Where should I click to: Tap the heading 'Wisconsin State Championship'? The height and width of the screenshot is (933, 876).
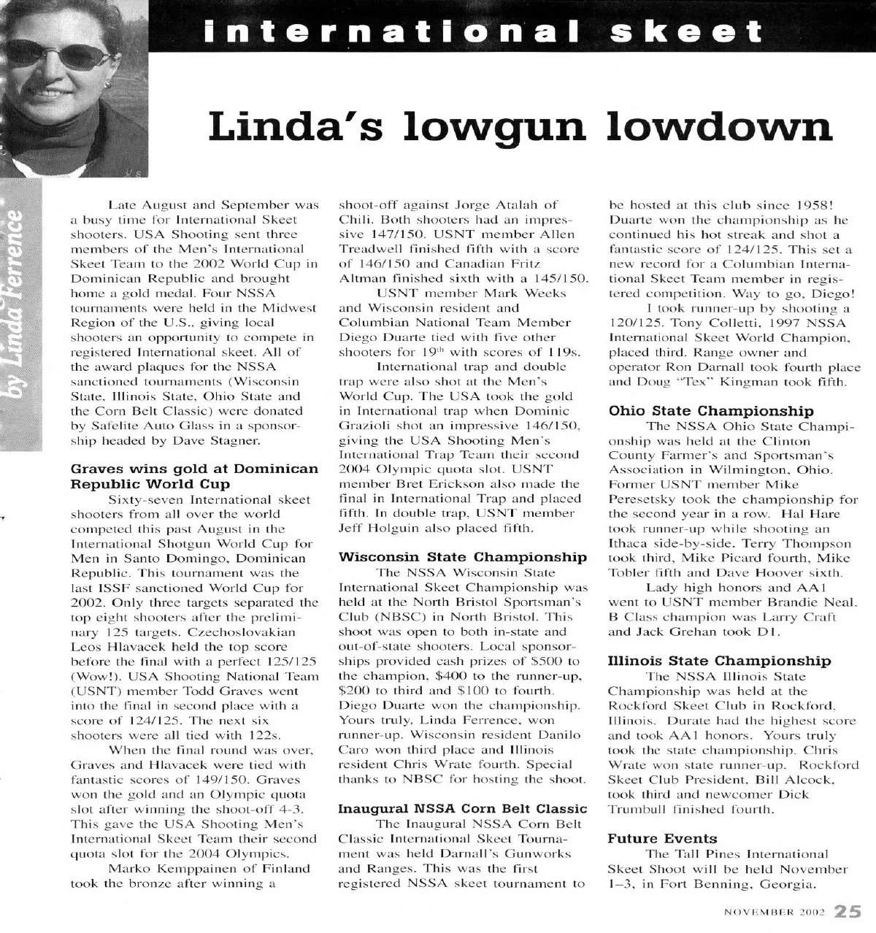pyautogui.click(x=463, y=557)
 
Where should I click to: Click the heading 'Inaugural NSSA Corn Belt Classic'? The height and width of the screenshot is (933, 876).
pyautogui.click(x=463, y=808)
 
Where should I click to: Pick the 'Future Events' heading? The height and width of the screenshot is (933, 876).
pyautogui.click(x=662, y=838)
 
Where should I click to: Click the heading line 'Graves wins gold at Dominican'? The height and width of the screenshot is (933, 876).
pyautogui.click(x=194, y=469)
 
